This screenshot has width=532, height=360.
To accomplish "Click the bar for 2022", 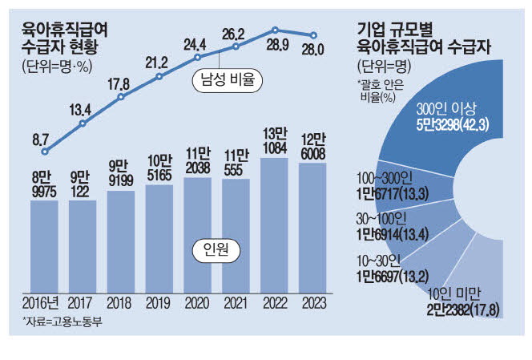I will [x=274, y=224].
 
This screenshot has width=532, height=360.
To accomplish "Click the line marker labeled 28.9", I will [x=275, y=30].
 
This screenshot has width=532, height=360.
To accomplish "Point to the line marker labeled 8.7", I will [x=45, y=151].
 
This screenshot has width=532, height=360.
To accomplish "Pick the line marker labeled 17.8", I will [x=121, y=98].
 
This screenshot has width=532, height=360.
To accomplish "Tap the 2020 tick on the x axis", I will [x=198, y=305].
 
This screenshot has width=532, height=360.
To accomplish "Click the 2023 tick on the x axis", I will [x=312, y=305].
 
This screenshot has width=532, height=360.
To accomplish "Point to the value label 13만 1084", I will [x=274, y=140].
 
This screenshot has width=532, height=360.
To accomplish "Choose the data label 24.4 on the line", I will [x=198, y=43].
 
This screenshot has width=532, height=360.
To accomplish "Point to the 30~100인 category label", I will [x=379, y=217].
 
